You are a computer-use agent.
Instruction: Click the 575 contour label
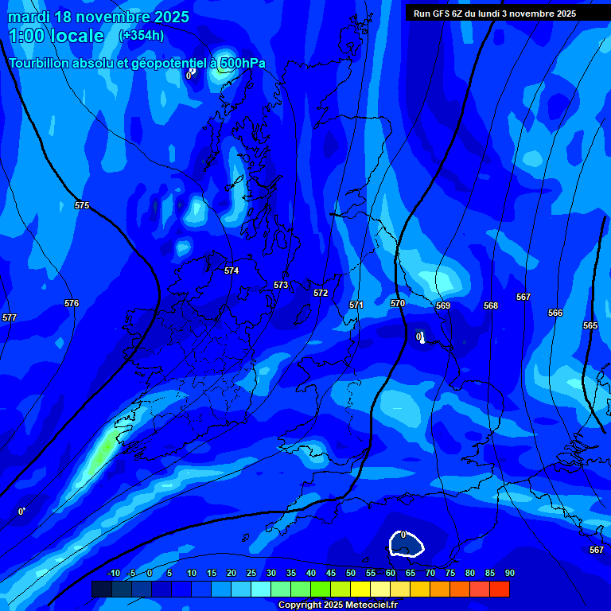point(82,205)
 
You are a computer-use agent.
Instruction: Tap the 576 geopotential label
point(72,303)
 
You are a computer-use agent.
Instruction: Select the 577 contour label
point(10,317)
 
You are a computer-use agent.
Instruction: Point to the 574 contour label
point(232,270)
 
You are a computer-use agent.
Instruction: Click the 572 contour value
point(321,293)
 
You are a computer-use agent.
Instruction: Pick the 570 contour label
point(398,303)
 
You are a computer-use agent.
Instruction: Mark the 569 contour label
point(443,305)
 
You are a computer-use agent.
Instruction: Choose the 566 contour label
point(555,313)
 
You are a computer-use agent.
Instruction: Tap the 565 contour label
point(590,325)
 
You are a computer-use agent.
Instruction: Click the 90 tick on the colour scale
point(509,573)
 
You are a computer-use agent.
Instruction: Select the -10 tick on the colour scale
point(113,573)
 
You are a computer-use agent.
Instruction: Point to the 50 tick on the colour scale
point(351,573)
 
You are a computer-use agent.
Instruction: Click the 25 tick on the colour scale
point(251,573)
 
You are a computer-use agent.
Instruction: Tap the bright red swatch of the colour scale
point(500,589)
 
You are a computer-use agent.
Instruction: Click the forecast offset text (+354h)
point(142,35)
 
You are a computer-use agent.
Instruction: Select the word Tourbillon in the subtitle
point(40,63)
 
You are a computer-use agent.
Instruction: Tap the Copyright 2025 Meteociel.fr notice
point(337,605)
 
